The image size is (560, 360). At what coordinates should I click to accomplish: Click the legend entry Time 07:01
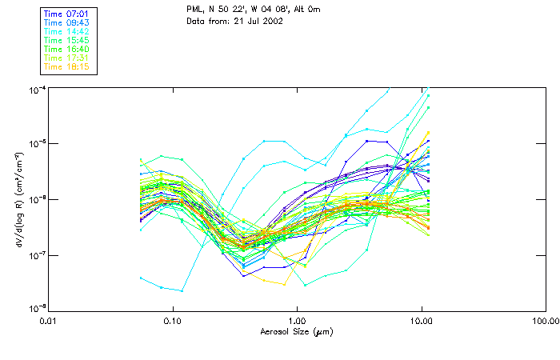pos(67,14)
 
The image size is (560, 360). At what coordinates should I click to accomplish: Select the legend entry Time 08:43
pos(67,22)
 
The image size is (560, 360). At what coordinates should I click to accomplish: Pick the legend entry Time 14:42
pos(67,31)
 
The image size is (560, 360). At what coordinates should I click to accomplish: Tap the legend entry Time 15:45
pos(67,40)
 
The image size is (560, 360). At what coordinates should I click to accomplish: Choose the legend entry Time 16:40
pos(67,49)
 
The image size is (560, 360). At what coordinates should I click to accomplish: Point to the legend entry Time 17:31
pos(67,58)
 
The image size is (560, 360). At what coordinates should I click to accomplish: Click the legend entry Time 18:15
pos(67,66)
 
